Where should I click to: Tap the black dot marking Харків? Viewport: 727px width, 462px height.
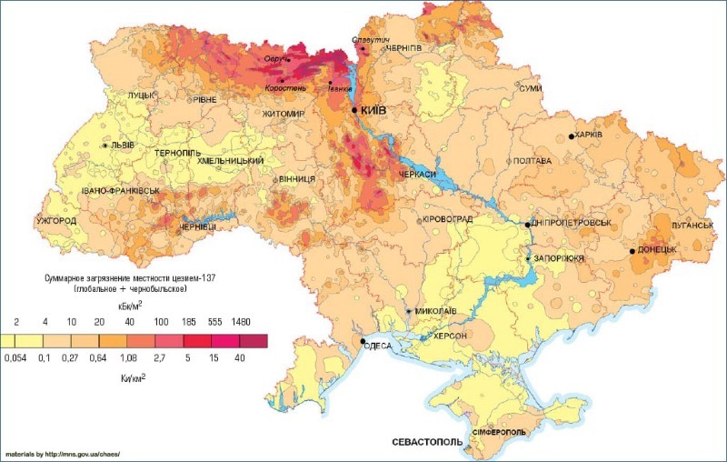pyautogui.click(x=572, y=136)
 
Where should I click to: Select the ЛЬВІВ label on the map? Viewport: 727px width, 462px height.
pyautogui.click(x=123, y=146)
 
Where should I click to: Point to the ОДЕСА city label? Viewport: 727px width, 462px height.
pyautogui.click(x=377, y=345)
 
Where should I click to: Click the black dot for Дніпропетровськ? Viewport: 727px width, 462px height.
pyautogui.click(x=528, y=224)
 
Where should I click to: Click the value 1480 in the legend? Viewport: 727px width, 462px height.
pyautogui.click(x=240, y=323)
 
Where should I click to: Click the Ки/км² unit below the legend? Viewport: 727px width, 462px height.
pyautogui.click(x=134, y=374)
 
